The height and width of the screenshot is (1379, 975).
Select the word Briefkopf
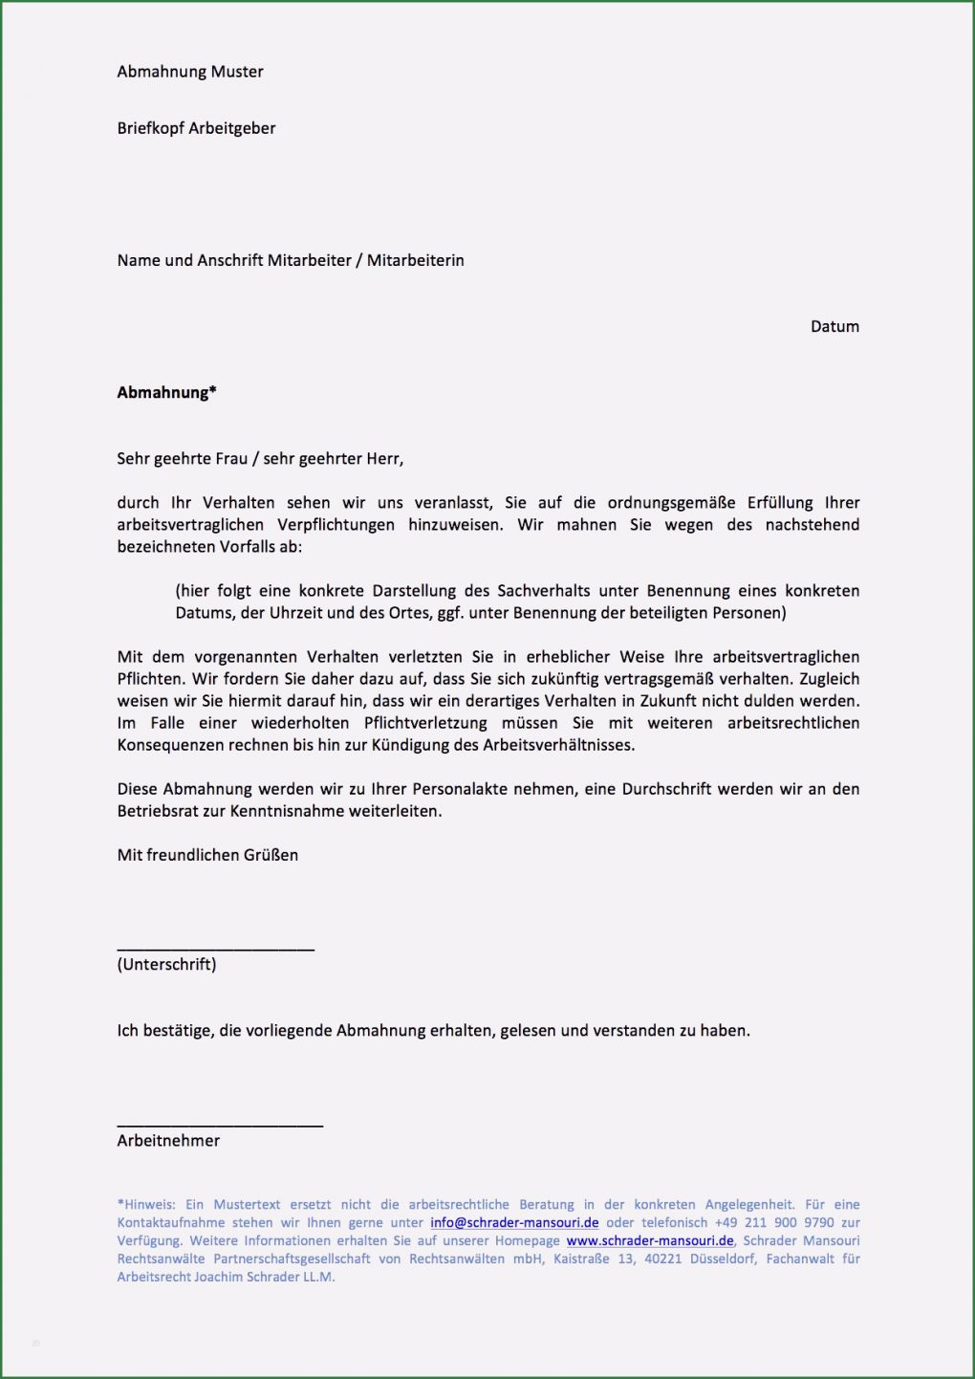click(150, 128)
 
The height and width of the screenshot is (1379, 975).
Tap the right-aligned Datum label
click(834, 326)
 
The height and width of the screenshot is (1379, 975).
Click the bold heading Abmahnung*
click(166, 392)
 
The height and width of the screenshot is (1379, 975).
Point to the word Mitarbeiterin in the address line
click(415, 260)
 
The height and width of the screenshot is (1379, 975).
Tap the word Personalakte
click(465, 789)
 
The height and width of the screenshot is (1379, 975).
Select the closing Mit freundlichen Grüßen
click(207, 855)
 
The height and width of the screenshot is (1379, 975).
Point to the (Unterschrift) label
click(166, 964)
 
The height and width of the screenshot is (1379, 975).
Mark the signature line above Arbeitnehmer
click(220, 1126)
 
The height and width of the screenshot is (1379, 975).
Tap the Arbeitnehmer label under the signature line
click(168, 1140)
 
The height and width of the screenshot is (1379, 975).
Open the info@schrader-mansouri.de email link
click(514, 1222)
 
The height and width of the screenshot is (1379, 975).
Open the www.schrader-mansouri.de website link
click(650, 1240)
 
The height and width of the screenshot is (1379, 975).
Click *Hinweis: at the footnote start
click(146, 1204)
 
